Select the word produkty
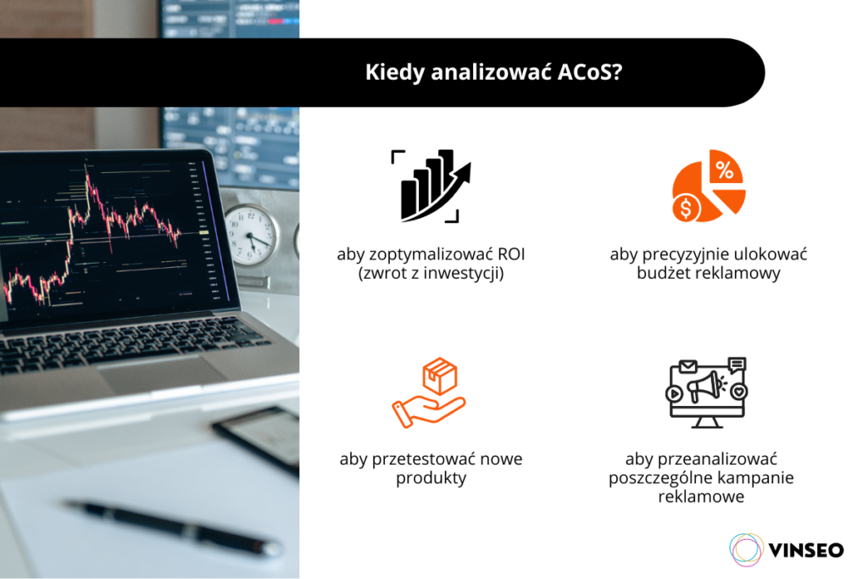coord(431,479)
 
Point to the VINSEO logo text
coord(805,549)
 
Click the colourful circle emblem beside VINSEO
coord(746,549)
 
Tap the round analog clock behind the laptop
coord(251,235)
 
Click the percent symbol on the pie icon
coord(725,170)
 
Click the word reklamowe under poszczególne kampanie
coord(701,497)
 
